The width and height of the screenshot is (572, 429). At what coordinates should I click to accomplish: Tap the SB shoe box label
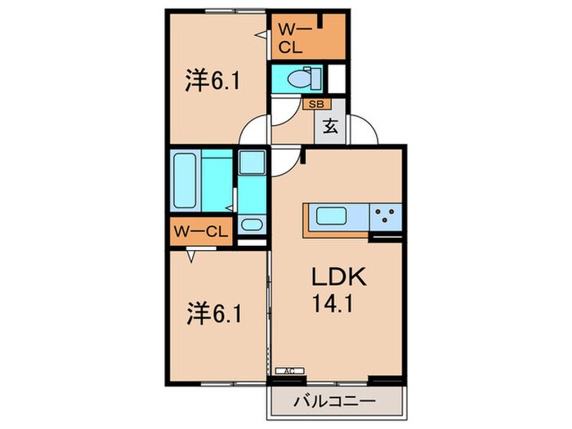point(315,104)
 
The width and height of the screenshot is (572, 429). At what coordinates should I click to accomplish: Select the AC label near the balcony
point(288,371)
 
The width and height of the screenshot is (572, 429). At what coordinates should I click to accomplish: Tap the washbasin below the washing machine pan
point(251,225)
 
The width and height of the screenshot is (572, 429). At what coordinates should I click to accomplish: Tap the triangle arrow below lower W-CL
point(190,256)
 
